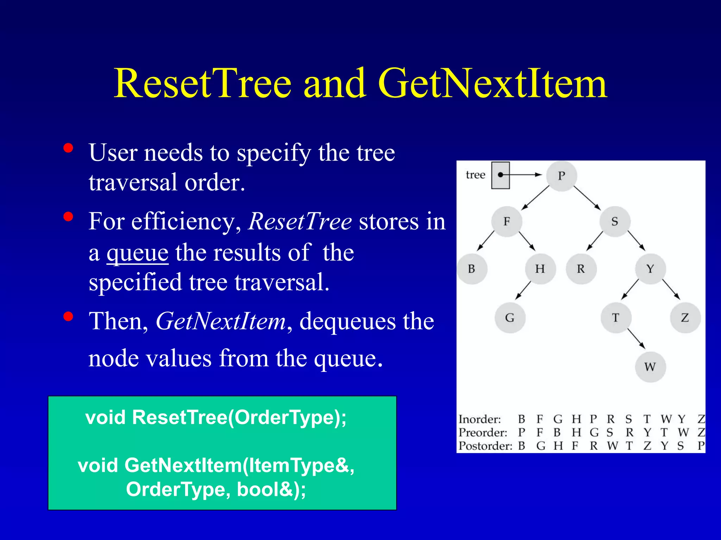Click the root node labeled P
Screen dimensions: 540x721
[561, 176]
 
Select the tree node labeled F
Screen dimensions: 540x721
[507, 221]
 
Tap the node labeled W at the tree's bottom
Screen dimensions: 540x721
[650, 367]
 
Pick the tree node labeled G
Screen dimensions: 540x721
[510, 318]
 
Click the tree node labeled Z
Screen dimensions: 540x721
[685, 318]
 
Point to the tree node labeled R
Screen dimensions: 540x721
[581, 269]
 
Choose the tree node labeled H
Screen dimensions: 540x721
[540, 269]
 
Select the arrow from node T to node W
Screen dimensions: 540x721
[636, 339]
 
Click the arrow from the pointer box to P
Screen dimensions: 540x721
[521, 175]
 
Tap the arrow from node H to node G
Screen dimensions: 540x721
[523, 290]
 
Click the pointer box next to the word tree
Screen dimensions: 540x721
[501, 175]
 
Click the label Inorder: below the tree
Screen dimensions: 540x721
[479, 419]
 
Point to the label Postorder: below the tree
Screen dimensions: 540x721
[485, 446]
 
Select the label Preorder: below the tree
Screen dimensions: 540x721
[483, 432]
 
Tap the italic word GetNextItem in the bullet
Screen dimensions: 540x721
[221, 321]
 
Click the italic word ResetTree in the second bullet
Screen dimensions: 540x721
[300, 221]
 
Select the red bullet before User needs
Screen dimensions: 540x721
[68, 148]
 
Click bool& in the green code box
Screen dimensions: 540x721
[265, 489]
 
